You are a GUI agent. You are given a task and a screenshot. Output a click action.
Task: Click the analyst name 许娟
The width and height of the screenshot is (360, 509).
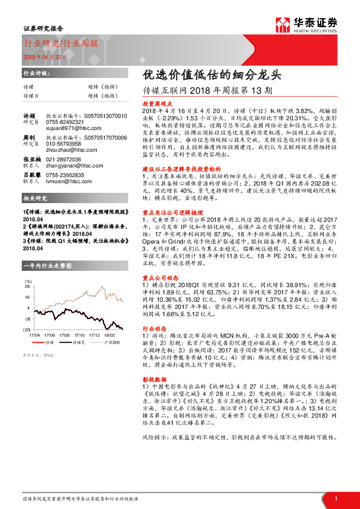[x=28, y=115]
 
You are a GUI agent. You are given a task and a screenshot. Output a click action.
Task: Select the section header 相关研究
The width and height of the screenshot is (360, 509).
[x=34, y=198]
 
